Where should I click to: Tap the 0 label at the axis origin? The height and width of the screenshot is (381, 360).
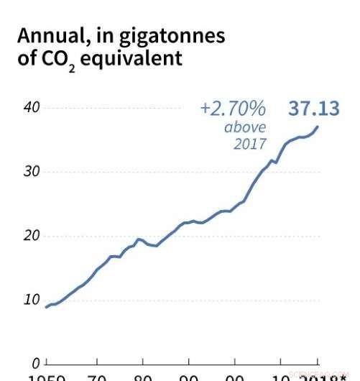(35, 364)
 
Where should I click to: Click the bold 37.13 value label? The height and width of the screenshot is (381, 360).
(313, 109)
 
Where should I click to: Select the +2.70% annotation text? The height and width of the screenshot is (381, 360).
(233, 109)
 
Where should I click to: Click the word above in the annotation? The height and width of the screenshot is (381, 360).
(245, 127)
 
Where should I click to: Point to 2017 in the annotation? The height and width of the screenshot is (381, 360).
(249, 143)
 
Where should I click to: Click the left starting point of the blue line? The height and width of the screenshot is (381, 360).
(47, 307)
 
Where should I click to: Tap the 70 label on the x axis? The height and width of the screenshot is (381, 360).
(96, 377)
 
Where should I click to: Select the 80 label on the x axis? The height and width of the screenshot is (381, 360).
(143, 377)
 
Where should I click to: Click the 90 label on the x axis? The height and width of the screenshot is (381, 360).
(189, 377)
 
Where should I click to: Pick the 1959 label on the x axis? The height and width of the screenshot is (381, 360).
(47, 377)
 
